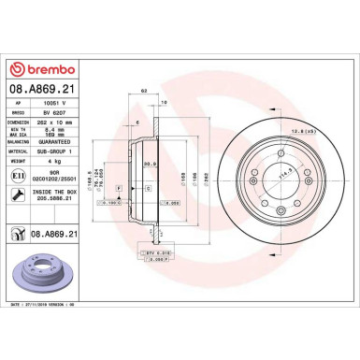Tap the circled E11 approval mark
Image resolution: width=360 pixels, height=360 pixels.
click(x=19, y=175)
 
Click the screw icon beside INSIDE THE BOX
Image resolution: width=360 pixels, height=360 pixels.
click(x=19, y=194)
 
